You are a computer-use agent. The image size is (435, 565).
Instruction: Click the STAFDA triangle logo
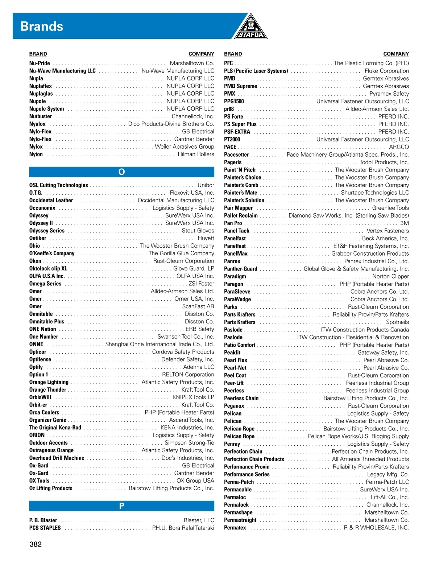tap(250, 27)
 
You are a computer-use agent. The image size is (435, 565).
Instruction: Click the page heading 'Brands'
tap(42, 26)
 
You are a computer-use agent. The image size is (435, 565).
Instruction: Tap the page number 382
tap(36, 544)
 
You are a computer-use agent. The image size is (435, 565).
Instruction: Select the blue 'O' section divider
tap(121, 172)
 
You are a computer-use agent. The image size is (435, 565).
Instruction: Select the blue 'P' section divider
tap(121, 506)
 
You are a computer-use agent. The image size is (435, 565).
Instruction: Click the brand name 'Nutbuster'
tap(41, 116)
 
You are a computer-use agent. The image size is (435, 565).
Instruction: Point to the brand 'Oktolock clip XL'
tap(48, 269)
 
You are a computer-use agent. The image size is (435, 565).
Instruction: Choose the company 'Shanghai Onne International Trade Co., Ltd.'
tap(159, 344)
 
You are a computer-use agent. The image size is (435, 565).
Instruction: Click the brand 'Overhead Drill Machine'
tap(57, 458)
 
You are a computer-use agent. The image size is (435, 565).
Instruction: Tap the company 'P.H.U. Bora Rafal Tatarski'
tap(183, 528)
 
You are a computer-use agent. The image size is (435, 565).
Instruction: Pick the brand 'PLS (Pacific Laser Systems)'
tap(256, 71)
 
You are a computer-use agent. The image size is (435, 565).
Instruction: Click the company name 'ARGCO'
tap(399, 147)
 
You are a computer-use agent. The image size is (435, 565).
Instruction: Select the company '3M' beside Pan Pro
tap(404, 223)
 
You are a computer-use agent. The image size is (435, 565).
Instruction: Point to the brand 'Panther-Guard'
tap(241, 269)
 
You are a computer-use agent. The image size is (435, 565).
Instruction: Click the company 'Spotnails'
tap(397, 322)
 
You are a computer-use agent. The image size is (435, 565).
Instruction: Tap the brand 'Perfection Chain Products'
tap(254, 459)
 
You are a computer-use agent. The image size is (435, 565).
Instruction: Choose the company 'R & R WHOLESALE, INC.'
tap(376, 528)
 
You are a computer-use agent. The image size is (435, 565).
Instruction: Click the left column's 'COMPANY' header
tap(201, 54)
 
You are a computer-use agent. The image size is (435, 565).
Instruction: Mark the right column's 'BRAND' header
tap(233, 54)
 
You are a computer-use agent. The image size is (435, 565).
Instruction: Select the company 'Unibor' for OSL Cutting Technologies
tap(206, 185)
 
